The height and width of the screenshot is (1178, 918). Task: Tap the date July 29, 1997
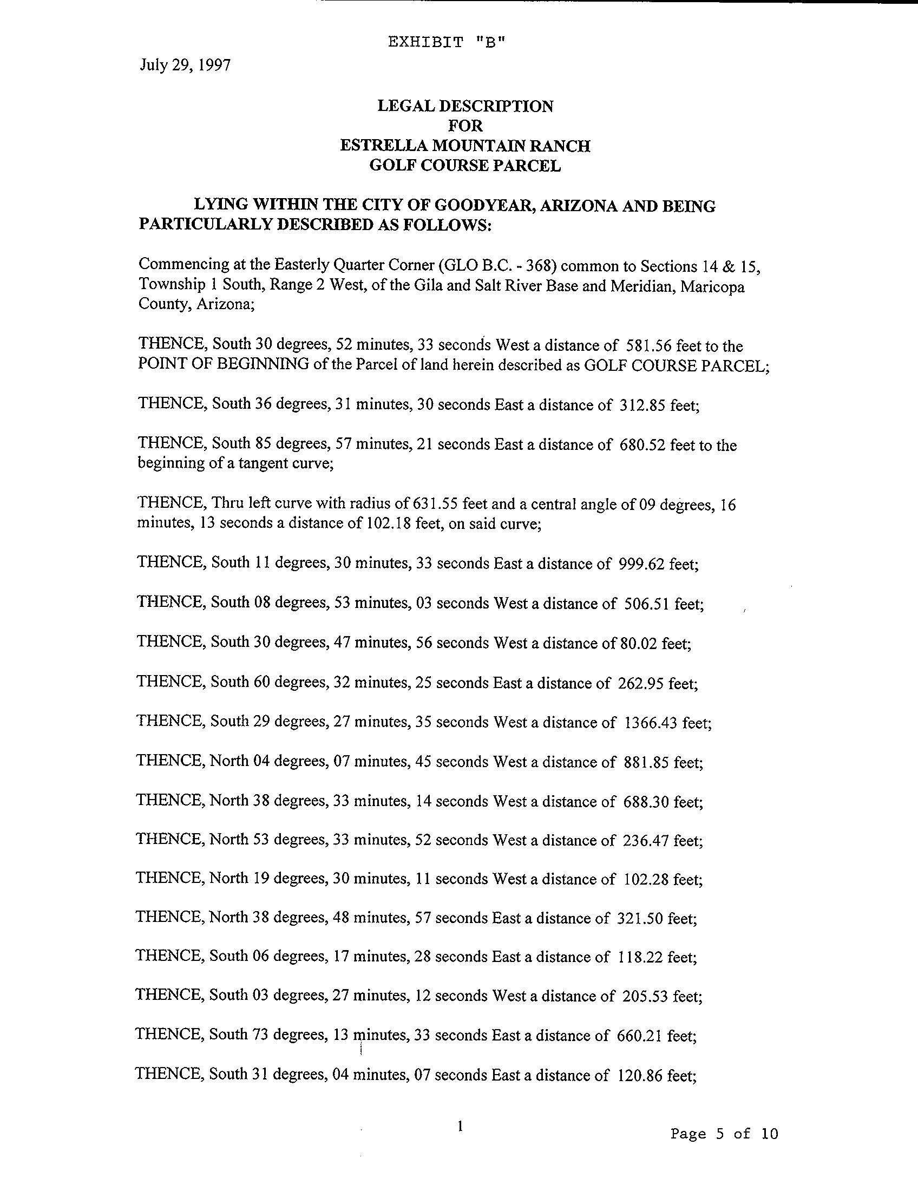(185, 66)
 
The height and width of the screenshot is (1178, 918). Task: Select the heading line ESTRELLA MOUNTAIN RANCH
(465, 146)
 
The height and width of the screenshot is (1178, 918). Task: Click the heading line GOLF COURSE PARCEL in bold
(465, 166)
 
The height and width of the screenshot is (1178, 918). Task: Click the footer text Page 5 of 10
(724, 1133)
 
